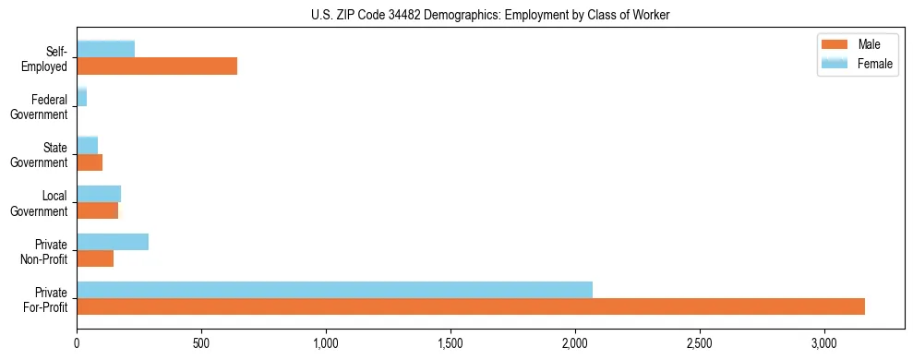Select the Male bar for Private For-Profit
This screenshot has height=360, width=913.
[x=471, y=306]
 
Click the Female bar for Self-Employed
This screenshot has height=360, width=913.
[x=105, y=49]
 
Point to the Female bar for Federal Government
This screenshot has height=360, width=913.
[x=81, y=98]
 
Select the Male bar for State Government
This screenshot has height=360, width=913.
[x=90, y=162]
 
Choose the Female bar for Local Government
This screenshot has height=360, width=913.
[x=99, y=194]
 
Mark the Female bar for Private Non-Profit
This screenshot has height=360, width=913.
[x=113, y=242]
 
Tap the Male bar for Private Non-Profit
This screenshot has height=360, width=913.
[x=95, y=258]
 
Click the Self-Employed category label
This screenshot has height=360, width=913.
[x=46, y=59]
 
